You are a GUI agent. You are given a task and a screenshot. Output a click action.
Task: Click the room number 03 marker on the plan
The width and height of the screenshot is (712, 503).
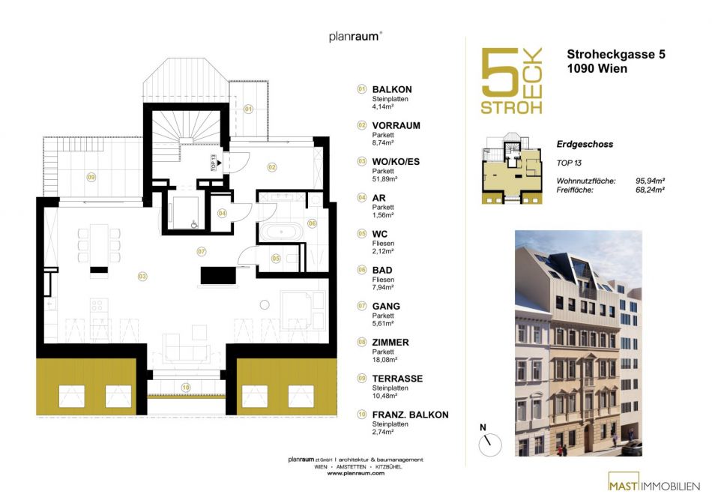point(142,276)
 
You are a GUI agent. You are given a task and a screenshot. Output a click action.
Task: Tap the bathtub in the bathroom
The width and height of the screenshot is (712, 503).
point(281,232)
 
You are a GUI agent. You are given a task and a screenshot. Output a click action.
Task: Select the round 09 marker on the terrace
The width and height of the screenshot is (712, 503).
point(91,177)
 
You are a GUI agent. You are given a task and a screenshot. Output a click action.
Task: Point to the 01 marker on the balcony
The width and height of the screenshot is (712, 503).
point(248,109)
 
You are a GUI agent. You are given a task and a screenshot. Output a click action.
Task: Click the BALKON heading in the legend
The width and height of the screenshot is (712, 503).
point(392,89)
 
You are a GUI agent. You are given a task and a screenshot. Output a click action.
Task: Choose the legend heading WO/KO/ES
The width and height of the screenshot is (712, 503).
point(396,162)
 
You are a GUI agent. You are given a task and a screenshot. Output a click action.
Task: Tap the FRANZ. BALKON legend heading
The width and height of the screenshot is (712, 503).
point(410,415)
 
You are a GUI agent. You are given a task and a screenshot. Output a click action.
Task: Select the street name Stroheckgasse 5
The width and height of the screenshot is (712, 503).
point(616,55)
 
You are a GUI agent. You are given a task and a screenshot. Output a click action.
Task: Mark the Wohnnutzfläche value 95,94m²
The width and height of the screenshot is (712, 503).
point(651,181)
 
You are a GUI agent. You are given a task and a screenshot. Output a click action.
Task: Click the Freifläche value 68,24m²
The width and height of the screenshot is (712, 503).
point(651,190)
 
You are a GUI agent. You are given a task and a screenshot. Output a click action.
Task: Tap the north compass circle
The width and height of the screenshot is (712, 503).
point(490,445)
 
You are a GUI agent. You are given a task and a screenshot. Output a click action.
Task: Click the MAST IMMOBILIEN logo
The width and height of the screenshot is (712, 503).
point(654,482)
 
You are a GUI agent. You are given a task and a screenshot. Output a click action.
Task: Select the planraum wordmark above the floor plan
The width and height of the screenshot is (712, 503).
point(355,36)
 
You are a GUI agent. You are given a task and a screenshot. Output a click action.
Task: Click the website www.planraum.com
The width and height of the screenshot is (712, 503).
point(355,473)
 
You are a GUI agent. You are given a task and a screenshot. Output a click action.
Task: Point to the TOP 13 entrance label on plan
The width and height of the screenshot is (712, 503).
point(214,163)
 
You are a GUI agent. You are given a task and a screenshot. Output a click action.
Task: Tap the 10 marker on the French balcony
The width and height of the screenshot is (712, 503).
point(186,388)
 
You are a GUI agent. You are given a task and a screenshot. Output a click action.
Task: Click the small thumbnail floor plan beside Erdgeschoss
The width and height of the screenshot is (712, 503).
point(513,169)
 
